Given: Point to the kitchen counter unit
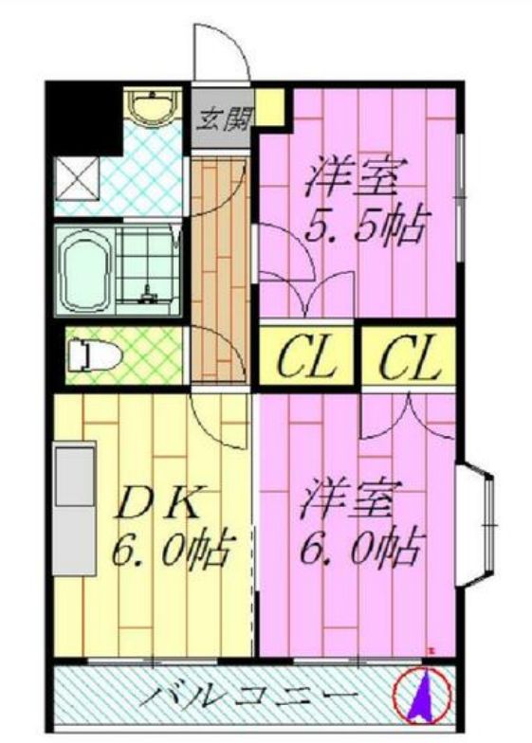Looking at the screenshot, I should point(74,508).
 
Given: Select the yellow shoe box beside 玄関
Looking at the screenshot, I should point(272,105).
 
